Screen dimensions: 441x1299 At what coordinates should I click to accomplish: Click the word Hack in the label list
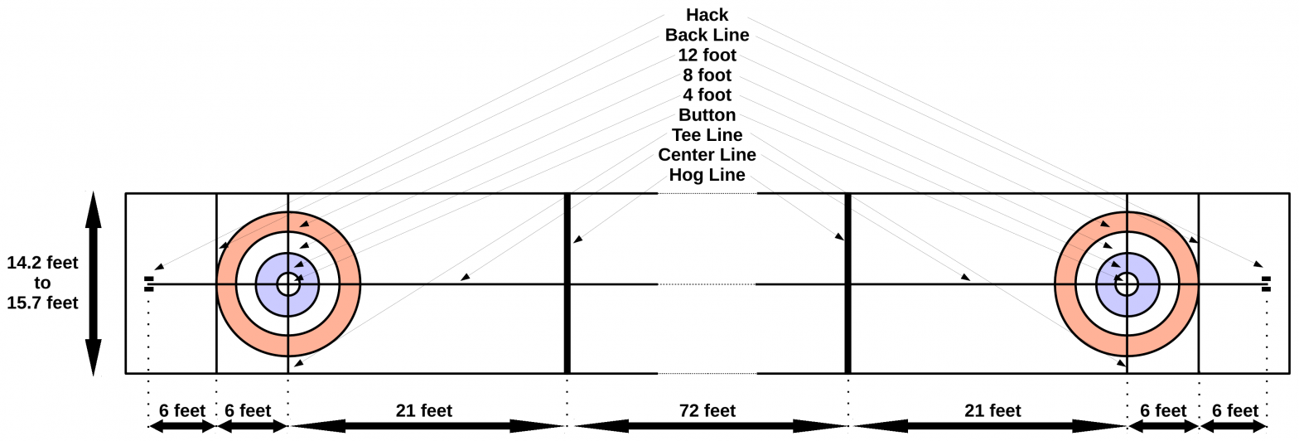tap(707, 15)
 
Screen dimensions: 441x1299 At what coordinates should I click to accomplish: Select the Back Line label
tap(707, 35)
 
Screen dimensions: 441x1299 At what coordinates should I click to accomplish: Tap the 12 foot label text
tap(707, 56)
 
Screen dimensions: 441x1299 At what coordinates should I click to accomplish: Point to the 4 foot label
tap(707, 95)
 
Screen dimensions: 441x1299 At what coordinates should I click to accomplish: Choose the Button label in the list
tap(707, 115)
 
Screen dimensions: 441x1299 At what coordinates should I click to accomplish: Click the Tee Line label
tap(707, 135)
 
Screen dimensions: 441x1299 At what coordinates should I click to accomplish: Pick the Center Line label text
tap(707, 155)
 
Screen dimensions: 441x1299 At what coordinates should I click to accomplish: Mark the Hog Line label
tap(707, 175)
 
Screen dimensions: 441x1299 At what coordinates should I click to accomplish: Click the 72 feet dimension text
tap(707, 410)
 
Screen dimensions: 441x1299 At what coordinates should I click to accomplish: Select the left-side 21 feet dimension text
tap(424, 410)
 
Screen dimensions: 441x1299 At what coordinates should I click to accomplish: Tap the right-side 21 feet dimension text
tap(992, 410)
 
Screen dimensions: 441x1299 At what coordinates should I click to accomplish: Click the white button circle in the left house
tap(287, 284)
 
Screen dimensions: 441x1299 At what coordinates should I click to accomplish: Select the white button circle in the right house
tap(1127, 284)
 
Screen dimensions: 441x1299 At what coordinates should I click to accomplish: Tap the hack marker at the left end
tap(148, 284)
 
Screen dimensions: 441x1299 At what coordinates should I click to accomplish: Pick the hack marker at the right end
tap(1266, 284)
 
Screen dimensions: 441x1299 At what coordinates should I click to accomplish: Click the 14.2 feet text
tap(42, 264)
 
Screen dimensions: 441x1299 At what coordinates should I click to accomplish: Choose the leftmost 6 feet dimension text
tap(181, 410)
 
